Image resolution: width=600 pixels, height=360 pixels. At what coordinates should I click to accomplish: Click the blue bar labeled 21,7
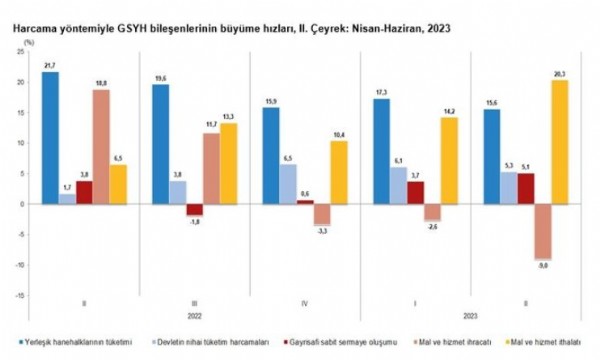[x=50, y=138]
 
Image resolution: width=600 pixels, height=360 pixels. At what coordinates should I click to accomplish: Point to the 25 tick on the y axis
[x=27, y=51]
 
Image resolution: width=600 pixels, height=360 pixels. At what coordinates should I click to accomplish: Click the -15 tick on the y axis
[x=25, y=296]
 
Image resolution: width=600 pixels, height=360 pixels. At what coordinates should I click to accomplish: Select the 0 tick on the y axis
[x=29, y=204]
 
